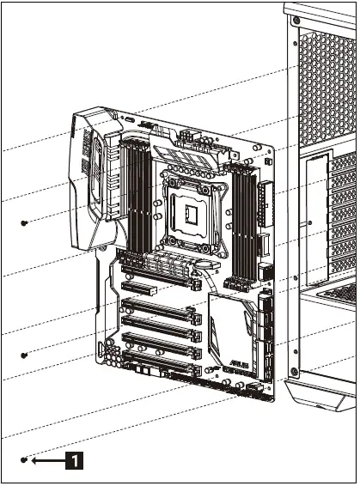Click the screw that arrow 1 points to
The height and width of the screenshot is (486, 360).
tap(24, 460)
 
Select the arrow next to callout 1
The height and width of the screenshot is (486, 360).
tap(46, 460)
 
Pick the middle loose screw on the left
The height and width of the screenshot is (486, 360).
tap(24, 355)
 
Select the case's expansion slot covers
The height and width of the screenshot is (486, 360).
tap(344, 215)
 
